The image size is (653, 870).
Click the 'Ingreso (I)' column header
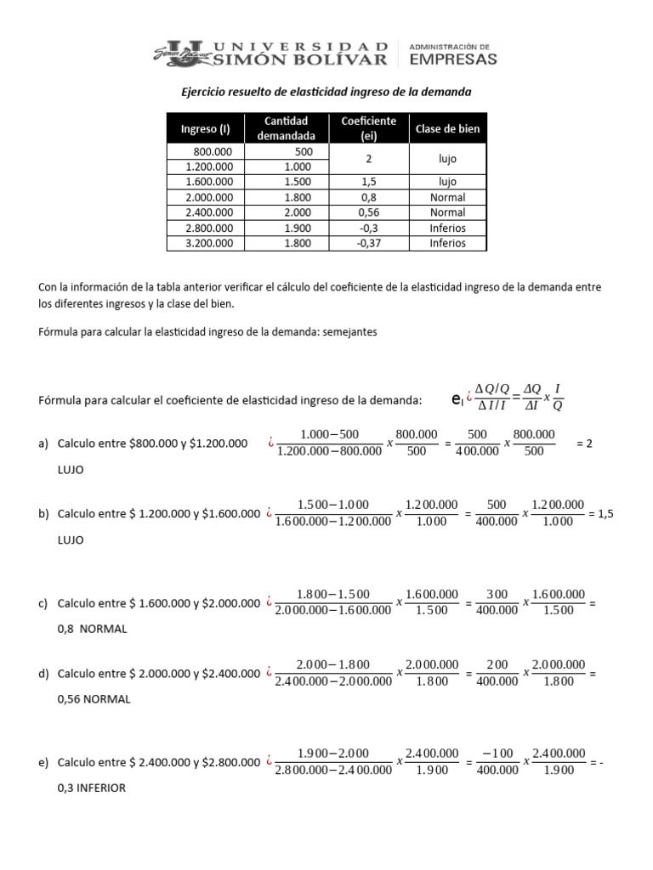205,129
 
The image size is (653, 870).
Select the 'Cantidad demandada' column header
286,128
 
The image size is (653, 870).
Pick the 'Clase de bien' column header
447,129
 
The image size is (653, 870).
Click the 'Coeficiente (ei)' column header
368,128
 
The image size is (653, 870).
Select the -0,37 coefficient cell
368,243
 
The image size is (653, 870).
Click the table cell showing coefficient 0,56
368,212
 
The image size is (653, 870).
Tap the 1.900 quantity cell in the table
298,228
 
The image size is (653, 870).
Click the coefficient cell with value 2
368,159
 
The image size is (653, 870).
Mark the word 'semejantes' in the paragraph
349,332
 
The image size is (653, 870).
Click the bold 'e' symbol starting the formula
456,398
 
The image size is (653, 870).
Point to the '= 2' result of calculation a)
583,443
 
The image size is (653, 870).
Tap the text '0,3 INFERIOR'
91,788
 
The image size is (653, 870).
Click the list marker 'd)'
43,674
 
